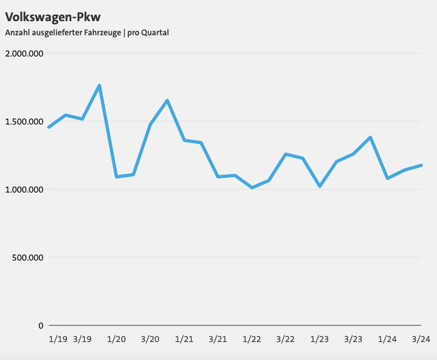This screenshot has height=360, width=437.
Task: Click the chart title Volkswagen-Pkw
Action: (x=53, y=16)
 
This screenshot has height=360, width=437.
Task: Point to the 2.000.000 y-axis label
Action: (x=24, y=53)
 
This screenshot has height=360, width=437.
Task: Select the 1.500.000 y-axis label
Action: (x=24, y=121)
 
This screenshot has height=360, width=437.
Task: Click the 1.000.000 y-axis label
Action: (x=24, y=189)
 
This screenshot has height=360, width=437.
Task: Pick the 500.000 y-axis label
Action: (x=28, y=257)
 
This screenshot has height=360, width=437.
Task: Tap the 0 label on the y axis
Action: (x=40, y=325)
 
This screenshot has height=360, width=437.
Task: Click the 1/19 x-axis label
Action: (x=58, y=339)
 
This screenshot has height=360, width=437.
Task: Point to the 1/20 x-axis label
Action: (x=116, y=339)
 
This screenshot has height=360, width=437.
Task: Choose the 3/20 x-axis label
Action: (x=150, y=339)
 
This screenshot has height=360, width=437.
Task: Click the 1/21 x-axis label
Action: (x=184, y=339)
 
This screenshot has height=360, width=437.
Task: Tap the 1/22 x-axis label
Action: (x=252, y=339)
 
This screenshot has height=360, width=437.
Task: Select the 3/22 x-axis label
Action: (x=285, y=339)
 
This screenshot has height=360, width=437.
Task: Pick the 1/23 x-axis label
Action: (x=319, y=339)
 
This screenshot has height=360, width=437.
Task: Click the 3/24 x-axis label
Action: (x=420, y=339)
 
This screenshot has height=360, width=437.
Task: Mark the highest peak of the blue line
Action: (x=99, y=85)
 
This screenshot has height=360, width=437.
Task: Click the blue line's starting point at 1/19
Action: (x=49, y=127)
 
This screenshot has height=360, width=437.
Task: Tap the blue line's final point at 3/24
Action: (x=421, y=165)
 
